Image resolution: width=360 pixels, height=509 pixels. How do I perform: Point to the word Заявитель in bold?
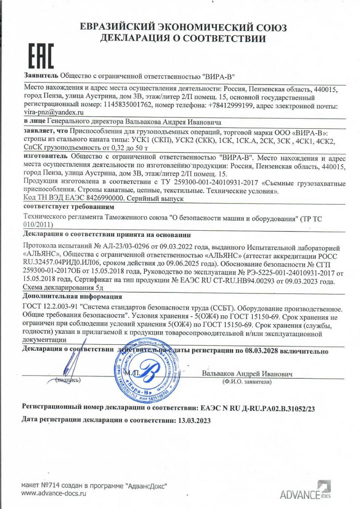click(41, 75)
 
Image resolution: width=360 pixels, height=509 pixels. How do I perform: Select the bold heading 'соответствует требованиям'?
click(69, 207)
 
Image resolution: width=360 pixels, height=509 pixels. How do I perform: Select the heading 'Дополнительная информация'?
click(72, 297)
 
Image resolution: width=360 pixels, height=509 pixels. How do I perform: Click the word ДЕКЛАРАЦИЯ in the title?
click(138, 38)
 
